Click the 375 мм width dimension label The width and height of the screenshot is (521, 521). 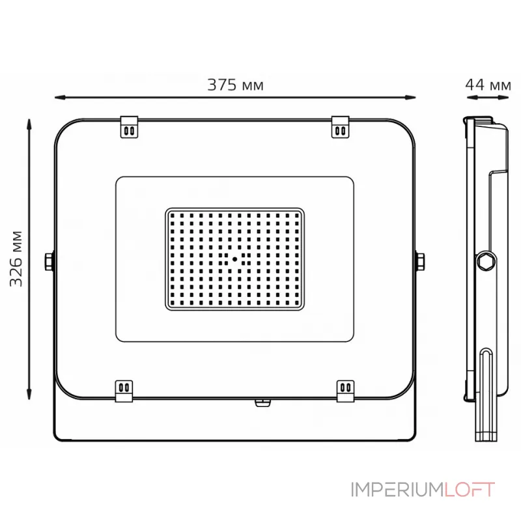point(235,85)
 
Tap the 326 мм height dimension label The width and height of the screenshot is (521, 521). point(16,259)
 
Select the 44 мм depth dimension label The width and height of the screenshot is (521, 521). point(488,85)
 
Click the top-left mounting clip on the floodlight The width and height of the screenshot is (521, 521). point(129,126)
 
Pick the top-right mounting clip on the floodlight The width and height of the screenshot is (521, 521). point(340,126)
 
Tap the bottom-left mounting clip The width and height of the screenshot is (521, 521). point(124,391)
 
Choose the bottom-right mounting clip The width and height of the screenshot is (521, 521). point(346,391)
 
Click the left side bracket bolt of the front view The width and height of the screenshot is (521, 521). point(49,262)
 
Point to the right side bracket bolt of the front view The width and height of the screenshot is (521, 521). point(420,262)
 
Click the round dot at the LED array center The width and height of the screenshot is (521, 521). point(234,259)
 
